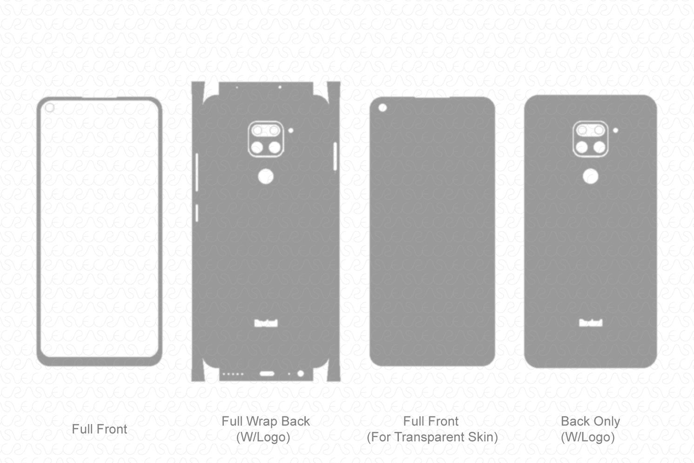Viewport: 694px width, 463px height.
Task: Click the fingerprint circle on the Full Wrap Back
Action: pyautogui.click(x=266, y=177)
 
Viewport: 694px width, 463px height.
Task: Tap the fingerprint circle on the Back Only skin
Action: pyautogui.click(x=591, y=177)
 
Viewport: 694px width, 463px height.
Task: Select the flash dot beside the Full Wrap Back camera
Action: pyautogui.click(x=291, y=130)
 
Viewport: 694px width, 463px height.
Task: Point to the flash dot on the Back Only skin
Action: pyautogui.click(x=615, y=130)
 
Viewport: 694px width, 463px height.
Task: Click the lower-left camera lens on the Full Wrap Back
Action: pyautogui.click(x=257, y=148)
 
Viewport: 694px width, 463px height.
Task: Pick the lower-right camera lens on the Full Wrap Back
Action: pyautogui.click(x=275, y=148)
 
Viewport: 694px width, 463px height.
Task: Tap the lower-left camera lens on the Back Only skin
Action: pyautogui.click(x=582, y=148)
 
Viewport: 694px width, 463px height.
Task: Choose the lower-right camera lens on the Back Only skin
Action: pyautogui.click(x=600, y=148)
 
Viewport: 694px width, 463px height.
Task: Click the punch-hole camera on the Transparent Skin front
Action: pyautogui.click(x=383, y=108)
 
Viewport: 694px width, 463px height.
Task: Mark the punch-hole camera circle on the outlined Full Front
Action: pyautogui.click(x=50, y=108)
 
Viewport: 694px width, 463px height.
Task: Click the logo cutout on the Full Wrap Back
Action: pyautogui.click(x=266, y=323)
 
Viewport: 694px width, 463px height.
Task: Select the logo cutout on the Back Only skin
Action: pyautogui.click(x=591, y=322)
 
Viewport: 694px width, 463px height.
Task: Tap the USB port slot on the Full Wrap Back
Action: pyautogui.click(x=267, y=374)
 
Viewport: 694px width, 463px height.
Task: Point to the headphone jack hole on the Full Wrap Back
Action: pyautogui.click(x=301, y=374)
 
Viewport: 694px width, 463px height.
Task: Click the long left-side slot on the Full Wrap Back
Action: pyautogui.click(x=196, y=172)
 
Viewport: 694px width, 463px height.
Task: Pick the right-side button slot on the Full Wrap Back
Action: pyautogui.click(x=335, y=157)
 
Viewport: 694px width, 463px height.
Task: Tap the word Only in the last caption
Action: pyautogui.click(x=607, y=421)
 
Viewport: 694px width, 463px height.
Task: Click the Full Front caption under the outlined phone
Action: pyautogui.click(x=99, y=429)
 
